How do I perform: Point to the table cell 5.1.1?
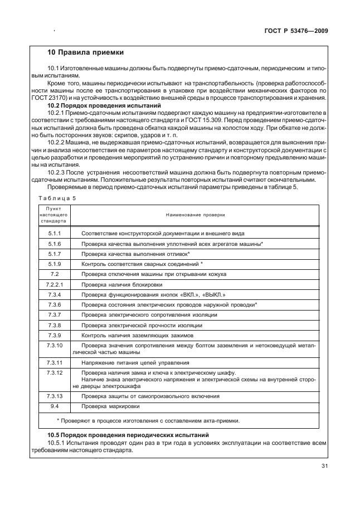[55, 233]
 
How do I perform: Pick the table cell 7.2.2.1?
[55, 284]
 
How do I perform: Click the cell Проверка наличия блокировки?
[120, 284]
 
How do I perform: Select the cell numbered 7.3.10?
[55, 345]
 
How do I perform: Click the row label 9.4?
[55, 406]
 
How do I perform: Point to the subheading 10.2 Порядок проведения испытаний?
[104, 105]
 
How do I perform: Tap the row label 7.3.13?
[55, 396]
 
